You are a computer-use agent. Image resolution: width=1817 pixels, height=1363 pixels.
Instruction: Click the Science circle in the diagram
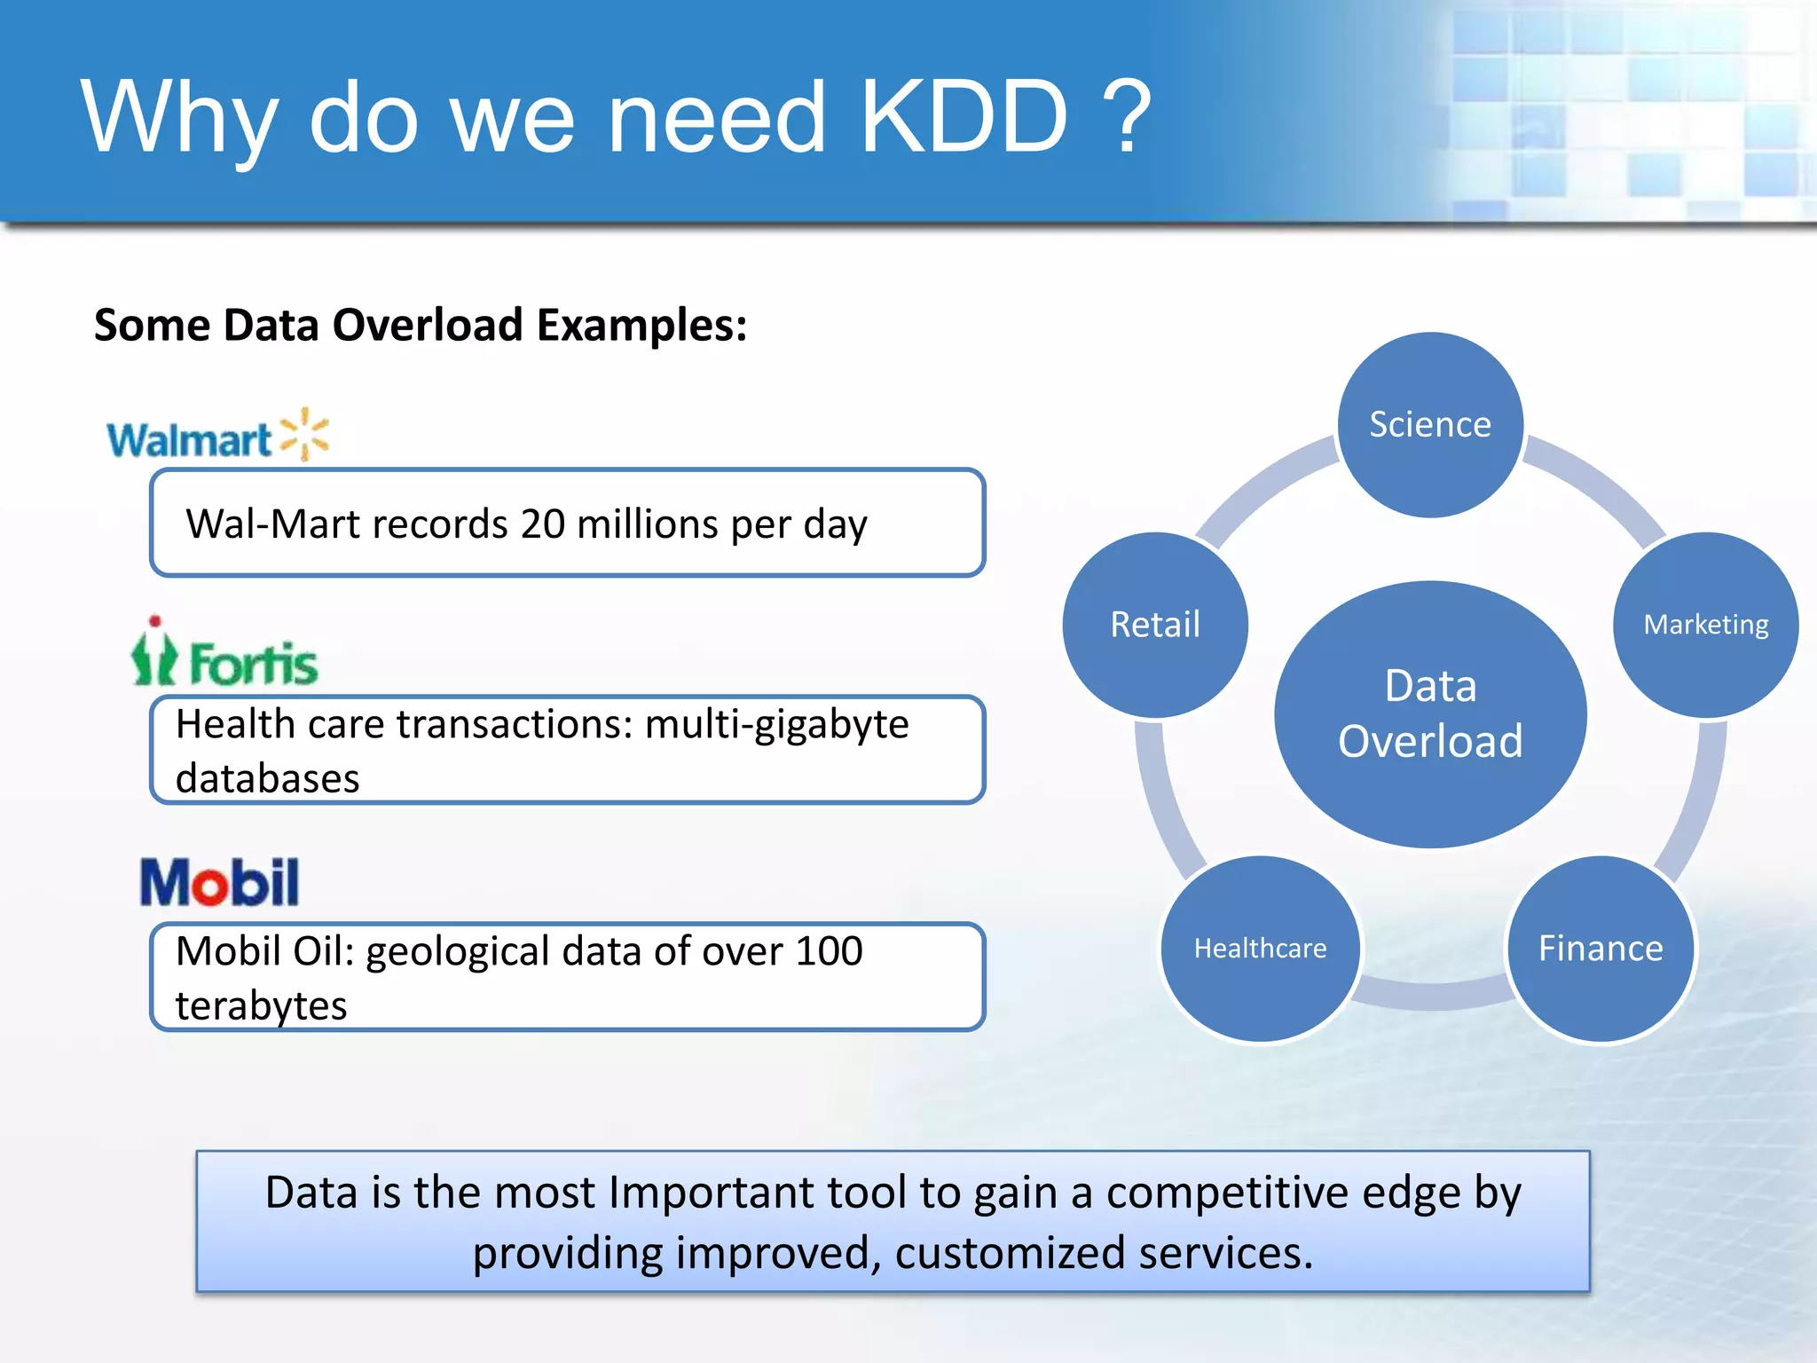tap(1430, 424)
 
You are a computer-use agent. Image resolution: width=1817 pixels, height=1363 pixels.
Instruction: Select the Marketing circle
tap(1705, 624)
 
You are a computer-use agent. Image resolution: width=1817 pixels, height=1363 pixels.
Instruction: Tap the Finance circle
tap(1601, 948)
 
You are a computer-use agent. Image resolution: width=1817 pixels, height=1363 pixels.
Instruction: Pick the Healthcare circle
tap(1260, 948)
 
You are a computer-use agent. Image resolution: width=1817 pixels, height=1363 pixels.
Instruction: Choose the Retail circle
tap(1155, 624)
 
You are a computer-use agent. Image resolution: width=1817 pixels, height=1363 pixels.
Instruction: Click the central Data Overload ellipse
tap(1430, 713)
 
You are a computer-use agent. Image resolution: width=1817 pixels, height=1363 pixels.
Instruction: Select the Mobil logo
tap(219, 883)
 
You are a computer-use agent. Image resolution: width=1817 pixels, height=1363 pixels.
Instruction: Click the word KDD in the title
tap(964, 117)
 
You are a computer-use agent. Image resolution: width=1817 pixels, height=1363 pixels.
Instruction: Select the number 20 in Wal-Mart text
tap(542, 524)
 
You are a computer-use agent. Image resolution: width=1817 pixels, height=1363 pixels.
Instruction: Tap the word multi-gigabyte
tap(776, 724)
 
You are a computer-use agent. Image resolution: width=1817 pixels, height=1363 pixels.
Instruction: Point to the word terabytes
tap(261, 1006)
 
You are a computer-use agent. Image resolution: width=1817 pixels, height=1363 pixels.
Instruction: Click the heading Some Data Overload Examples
tap(421, 325)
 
